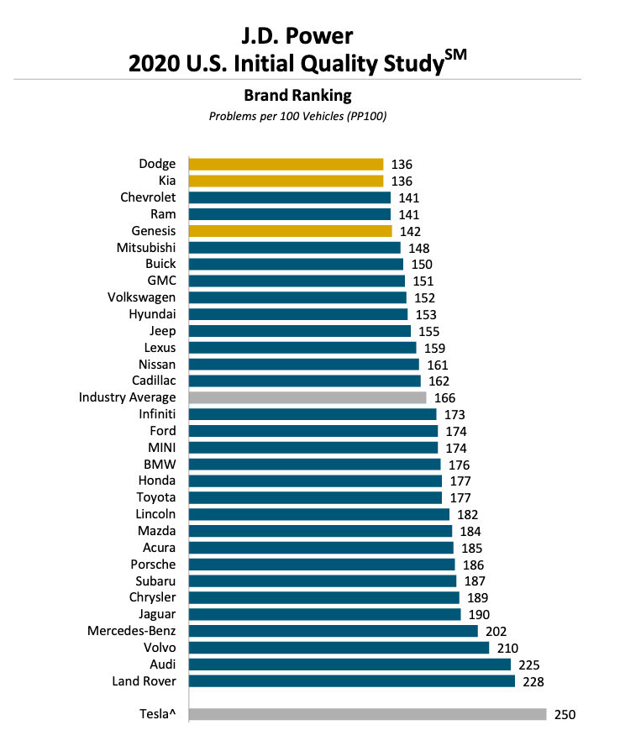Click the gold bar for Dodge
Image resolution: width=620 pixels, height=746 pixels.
pos(286,165)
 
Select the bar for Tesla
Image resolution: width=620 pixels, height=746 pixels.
pos(367,714)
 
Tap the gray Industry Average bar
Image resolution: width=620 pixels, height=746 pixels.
pos(307,397)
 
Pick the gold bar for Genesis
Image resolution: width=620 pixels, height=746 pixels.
pos(290,231)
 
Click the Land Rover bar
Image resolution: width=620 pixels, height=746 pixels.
pos(351,680)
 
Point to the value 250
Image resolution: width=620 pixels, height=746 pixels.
pos(565,714)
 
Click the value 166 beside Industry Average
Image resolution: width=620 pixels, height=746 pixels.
pos(444,397)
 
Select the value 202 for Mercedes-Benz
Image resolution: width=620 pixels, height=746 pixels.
pos(496,631)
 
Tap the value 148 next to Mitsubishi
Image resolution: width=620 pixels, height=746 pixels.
pos(418,248)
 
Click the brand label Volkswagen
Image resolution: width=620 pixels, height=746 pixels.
pos(142,297)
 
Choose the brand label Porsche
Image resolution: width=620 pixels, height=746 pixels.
pos(153,565)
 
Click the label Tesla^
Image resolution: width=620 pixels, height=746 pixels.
pos(158,714)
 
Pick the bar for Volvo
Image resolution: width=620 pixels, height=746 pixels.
pos(339,648)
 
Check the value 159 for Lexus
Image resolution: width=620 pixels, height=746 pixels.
pos(433,348)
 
